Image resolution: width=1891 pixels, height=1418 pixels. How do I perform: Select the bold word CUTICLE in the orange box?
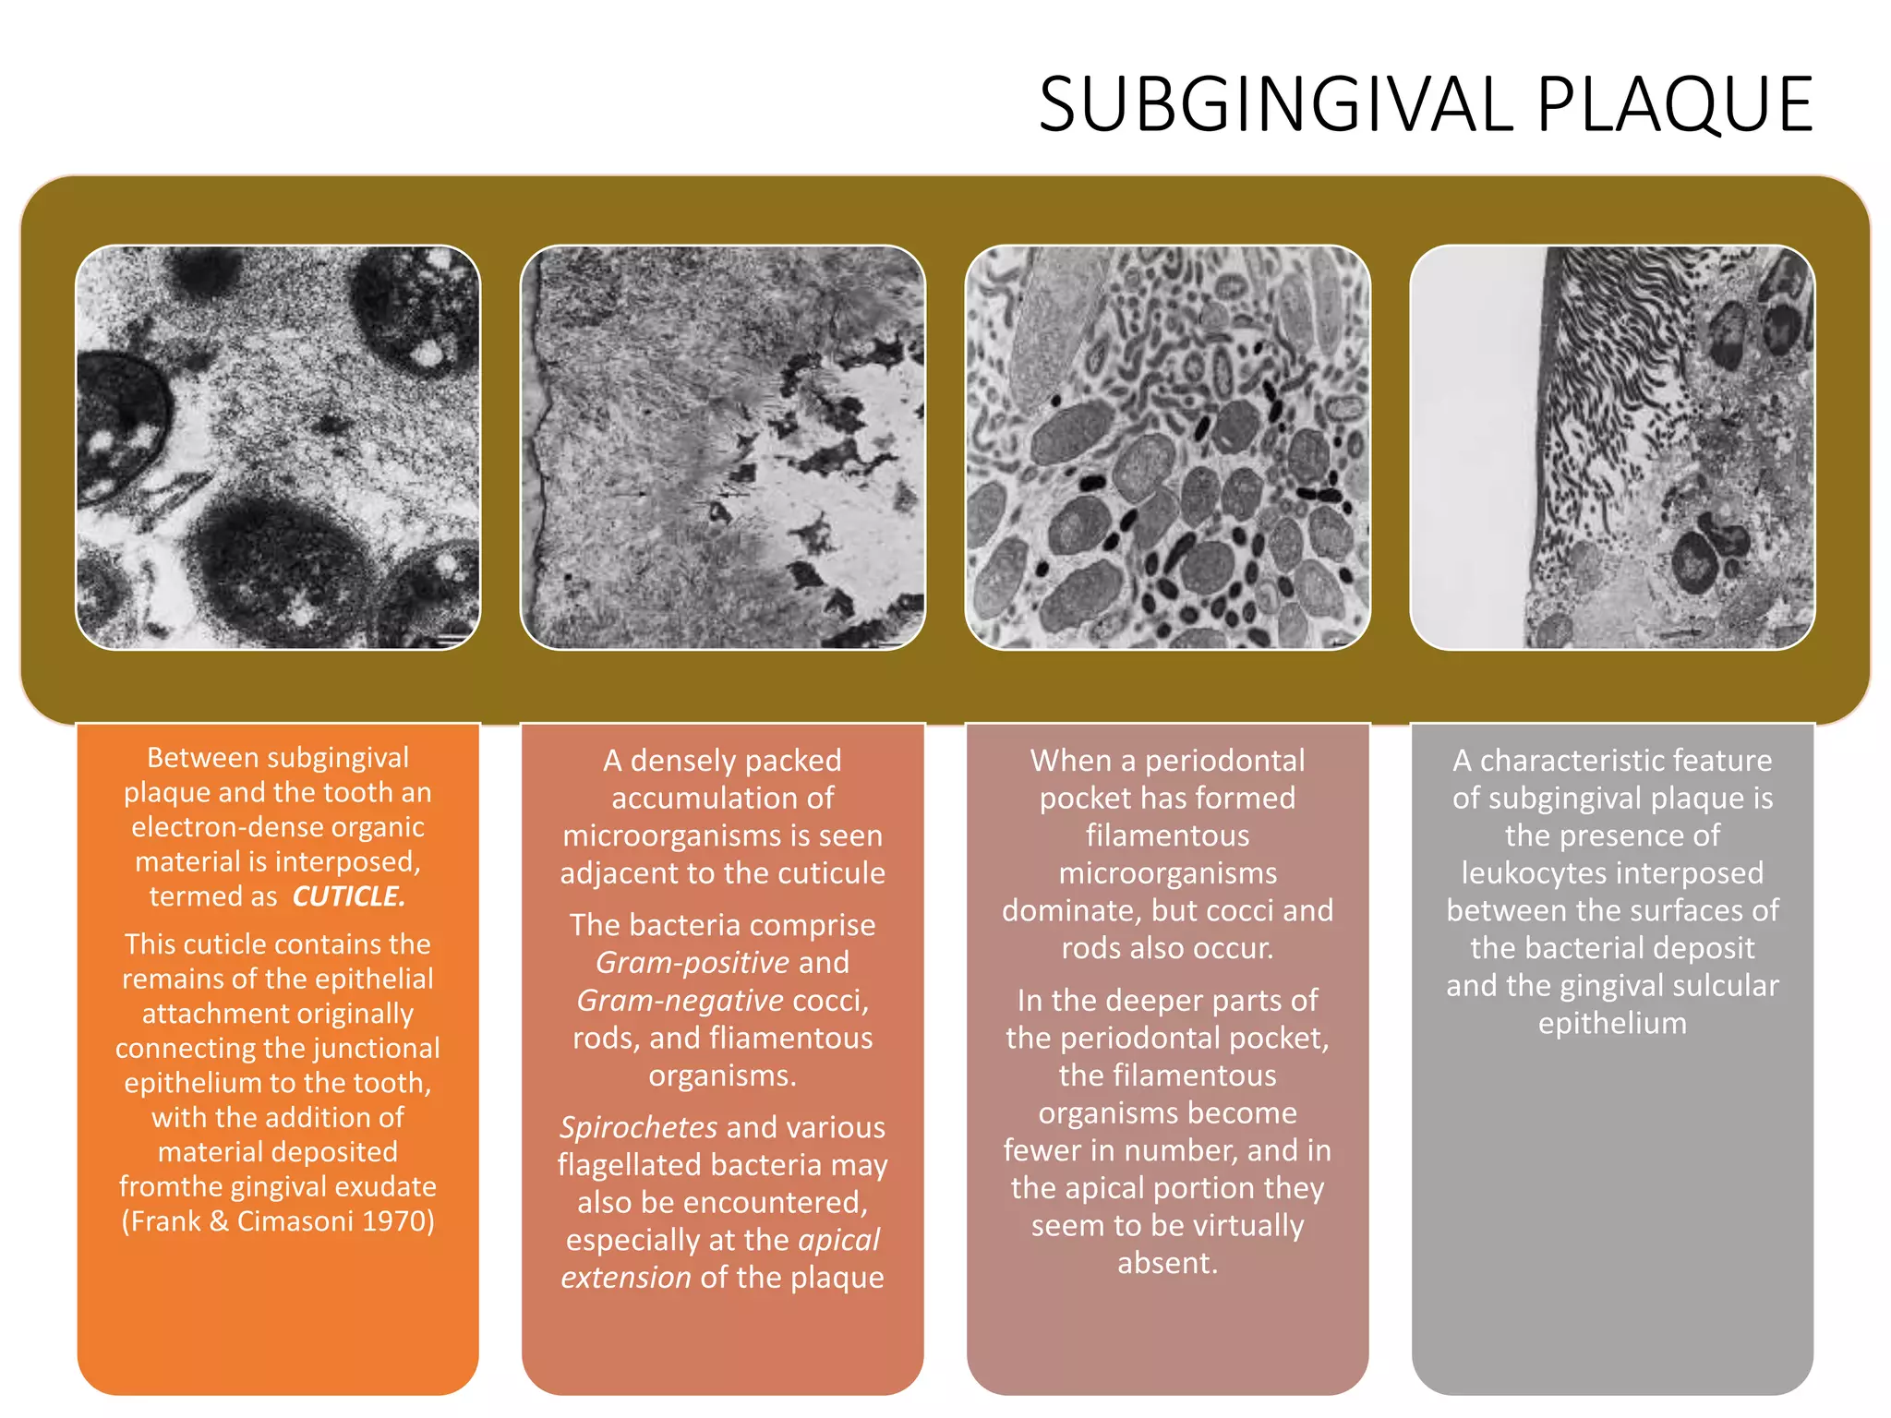348,896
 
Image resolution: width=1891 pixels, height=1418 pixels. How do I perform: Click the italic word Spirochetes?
638,1127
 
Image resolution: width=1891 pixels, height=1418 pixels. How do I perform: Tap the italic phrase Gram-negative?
680,1001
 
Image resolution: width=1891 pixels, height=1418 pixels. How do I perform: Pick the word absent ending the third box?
1167,1263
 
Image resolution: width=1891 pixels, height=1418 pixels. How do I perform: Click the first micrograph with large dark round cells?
278,448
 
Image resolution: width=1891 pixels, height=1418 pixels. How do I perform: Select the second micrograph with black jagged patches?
723,448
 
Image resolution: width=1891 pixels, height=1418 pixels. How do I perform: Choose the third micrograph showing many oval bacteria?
1167,448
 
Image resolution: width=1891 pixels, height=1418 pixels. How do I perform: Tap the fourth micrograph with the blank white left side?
1612,448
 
